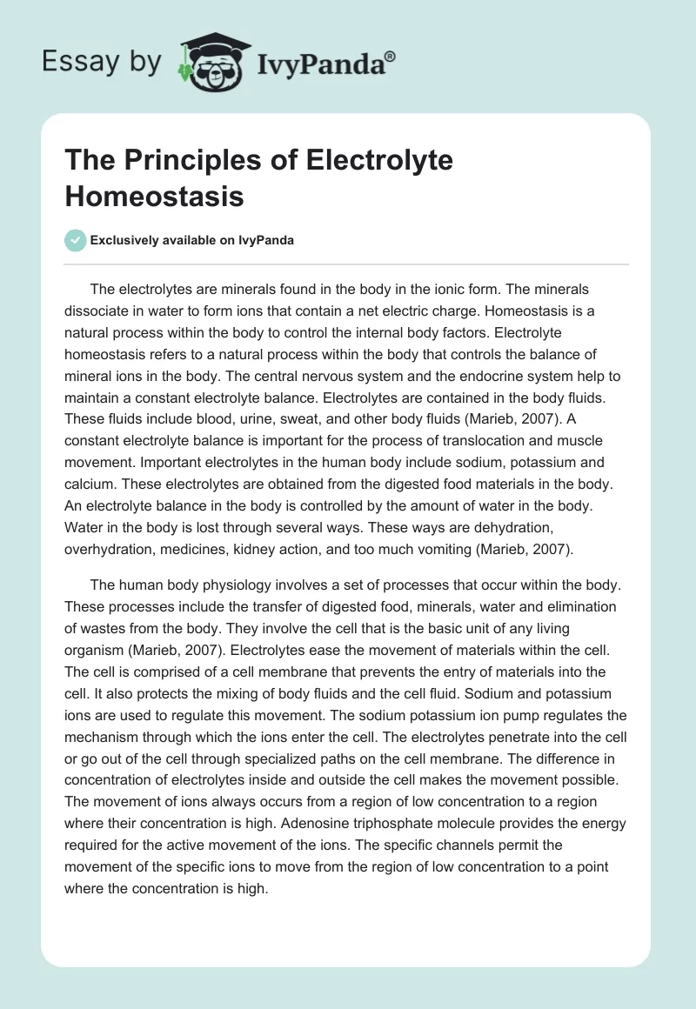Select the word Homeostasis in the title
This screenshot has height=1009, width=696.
point(154,197)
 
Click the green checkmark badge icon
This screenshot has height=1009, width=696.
point(76,240)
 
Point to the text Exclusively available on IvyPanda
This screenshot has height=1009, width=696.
point(193,241)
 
